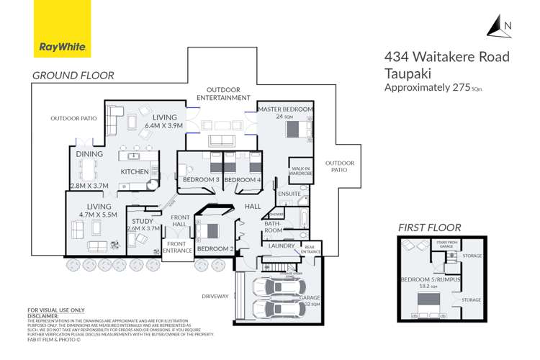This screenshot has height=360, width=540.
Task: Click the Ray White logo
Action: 62,30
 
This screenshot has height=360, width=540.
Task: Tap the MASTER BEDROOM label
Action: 285,109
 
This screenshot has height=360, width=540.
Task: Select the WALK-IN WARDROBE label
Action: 301,170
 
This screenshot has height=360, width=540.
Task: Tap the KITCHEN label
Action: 135,172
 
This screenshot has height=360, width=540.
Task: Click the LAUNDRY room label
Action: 281,246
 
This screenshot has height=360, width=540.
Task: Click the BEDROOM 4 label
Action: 242,179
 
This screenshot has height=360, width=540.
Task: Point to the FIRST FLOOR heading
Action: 429,228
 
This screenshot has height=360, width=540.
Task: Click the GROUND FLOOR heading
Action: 73,75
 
